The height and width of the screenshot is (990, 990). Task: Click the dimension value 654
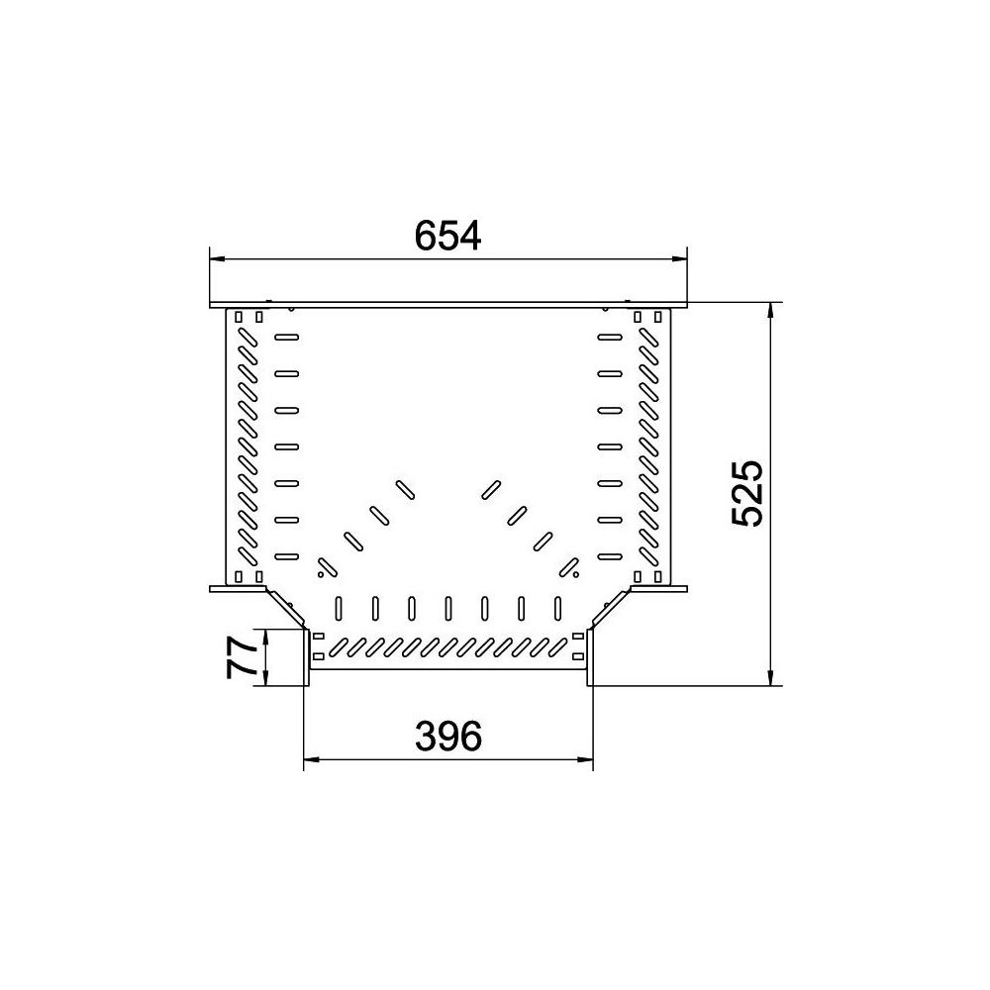pyautogui.click(x=447, y=235)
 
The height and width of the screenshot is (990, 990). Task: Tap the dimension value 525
pyautogui.click(x=747, y=493)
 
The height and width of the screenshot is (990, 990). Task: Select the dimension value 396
pyautogui.click(x=448, y=736)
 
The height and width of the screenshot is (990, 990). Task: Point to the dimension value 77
pyautogui.click(x=242, y=657)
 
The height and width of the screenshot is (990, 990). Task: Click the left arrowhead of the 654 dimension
pyautogui.click(x=217, y=258)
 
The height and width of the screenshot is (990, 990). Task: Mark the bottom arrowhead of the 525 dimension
pyautogui.click(x=770, y=677)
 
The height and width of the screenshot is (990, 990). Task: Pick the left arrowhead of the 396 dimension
pyautogui.click(x=312, y=759)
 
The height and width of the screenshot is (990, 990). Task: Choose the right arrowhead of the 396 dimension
pyautogui.click(x=585, y=759)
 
